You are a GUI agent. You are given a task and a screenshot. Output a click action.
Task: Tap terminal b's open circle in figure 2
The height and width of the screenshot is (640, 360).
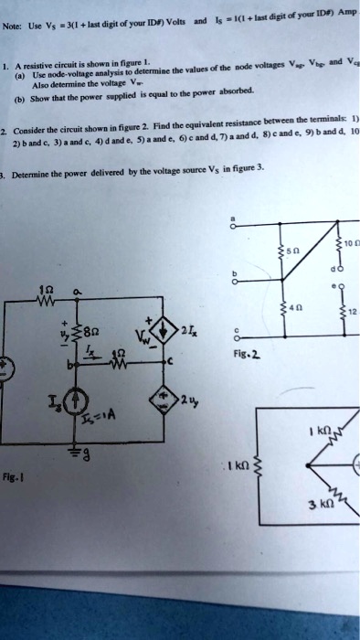point(236,282)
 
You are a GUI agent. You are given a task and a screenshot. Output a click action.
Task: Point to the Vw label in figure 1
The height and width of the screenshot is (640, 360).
point(143,347)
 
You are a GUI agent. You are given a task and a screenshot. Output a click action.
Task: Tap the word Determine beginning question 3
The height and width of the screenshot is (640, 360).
point(37,167)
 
